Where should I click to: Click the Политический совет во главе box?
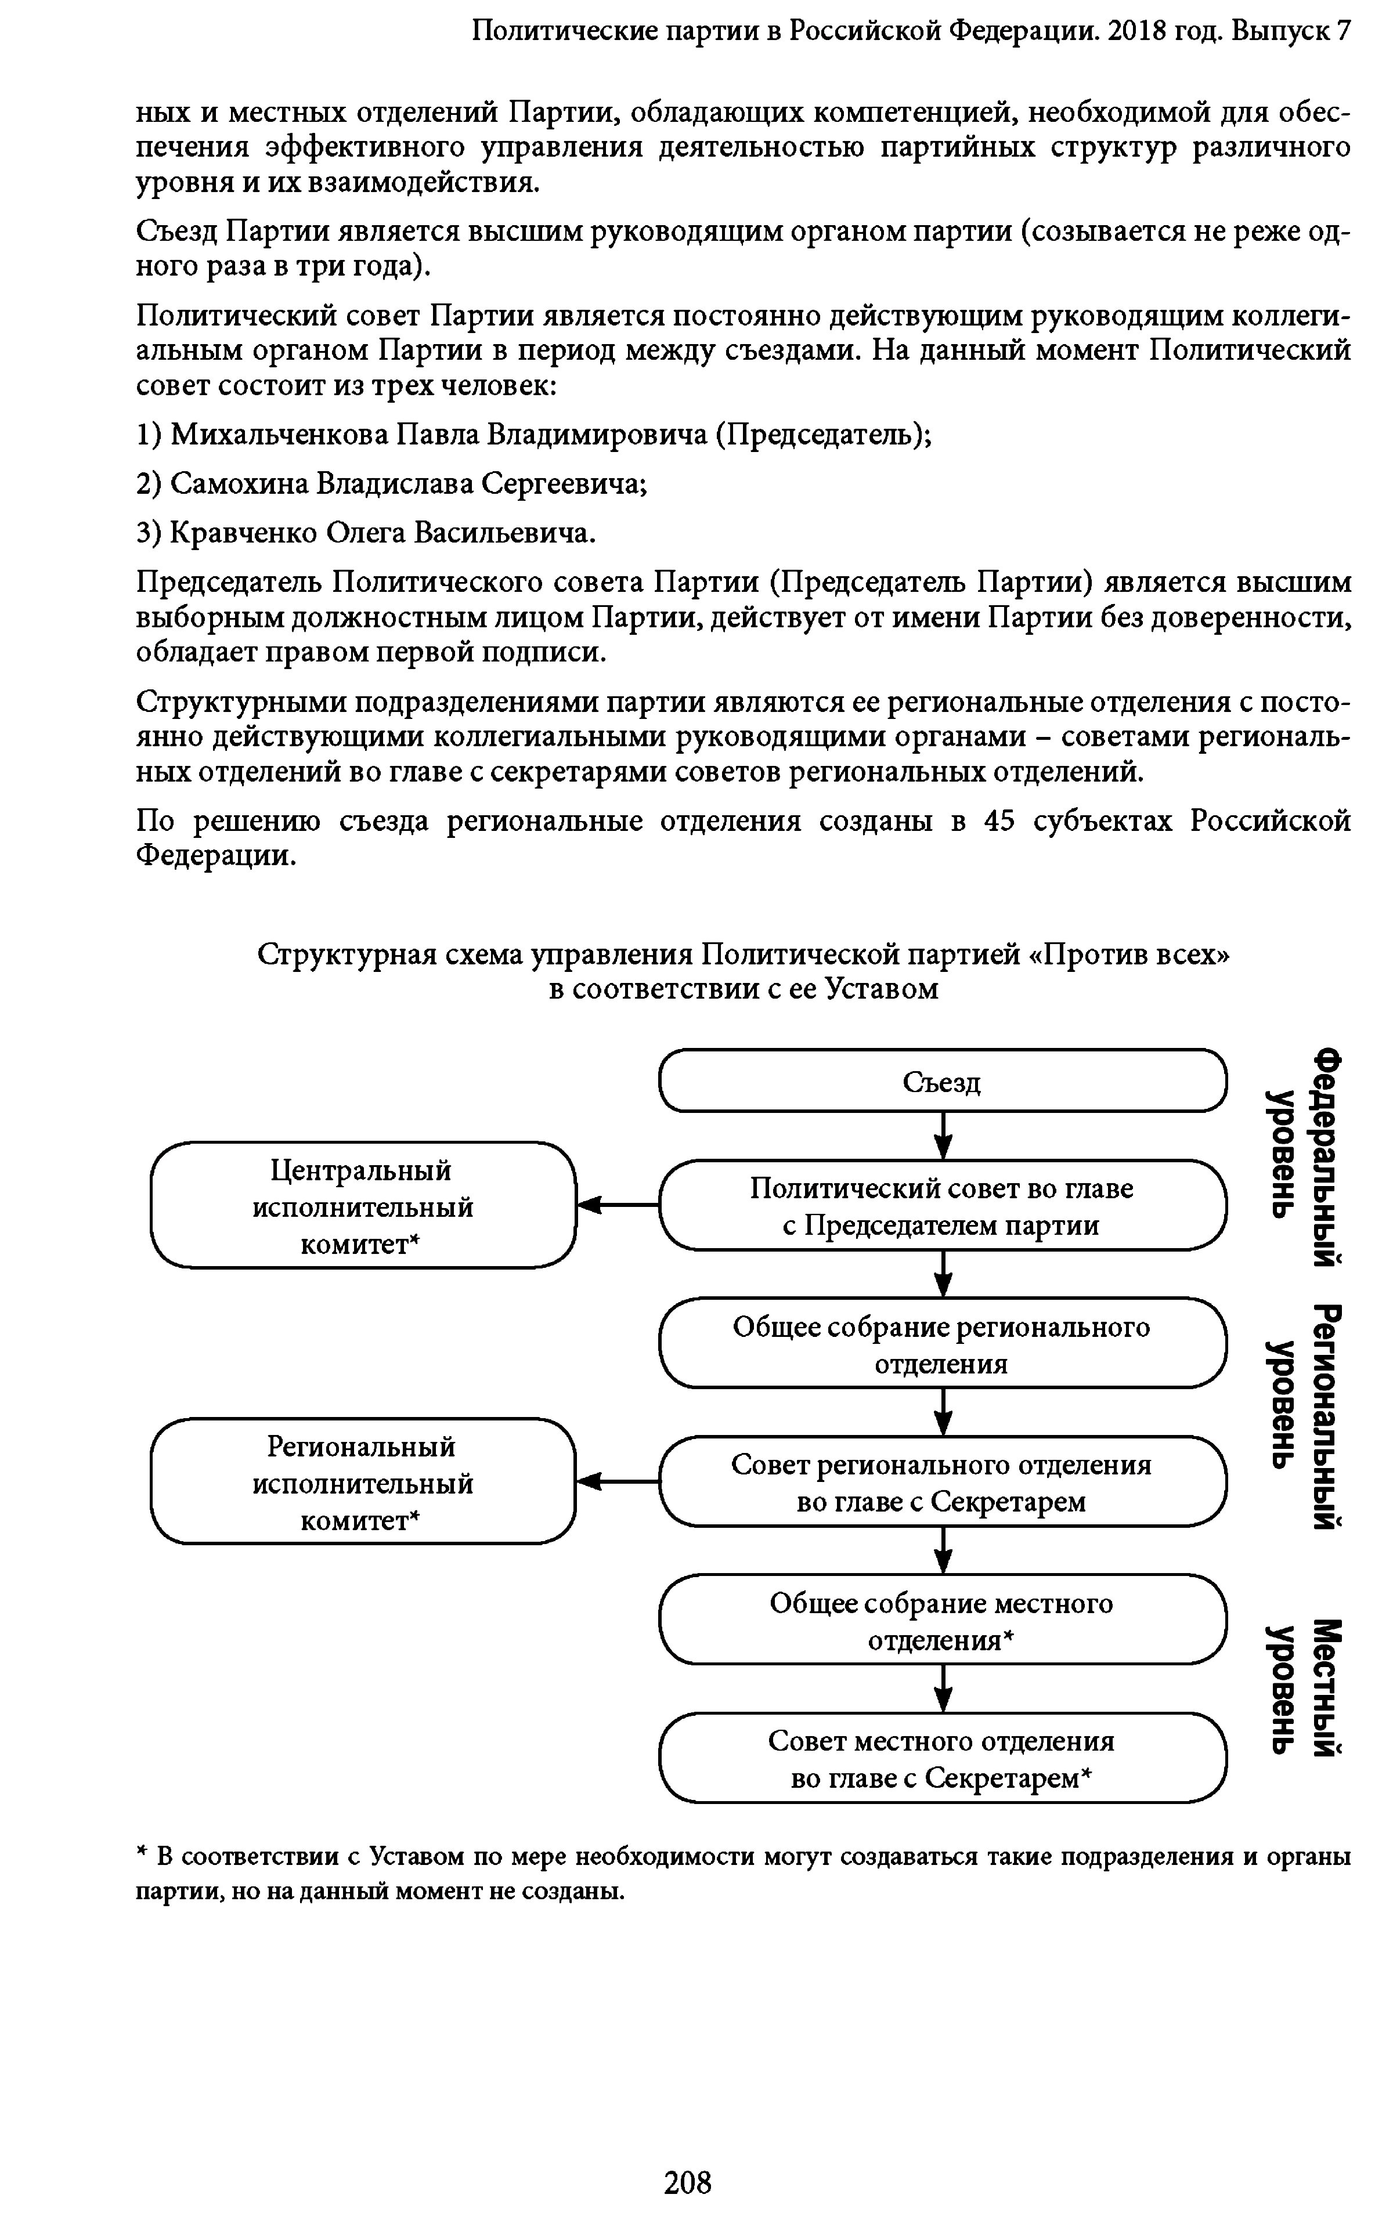coord(943,1206)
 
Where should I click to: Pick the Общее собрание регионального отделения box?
coord(943,1344)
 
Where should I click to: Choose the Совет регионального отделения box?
coord(943,1481)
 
